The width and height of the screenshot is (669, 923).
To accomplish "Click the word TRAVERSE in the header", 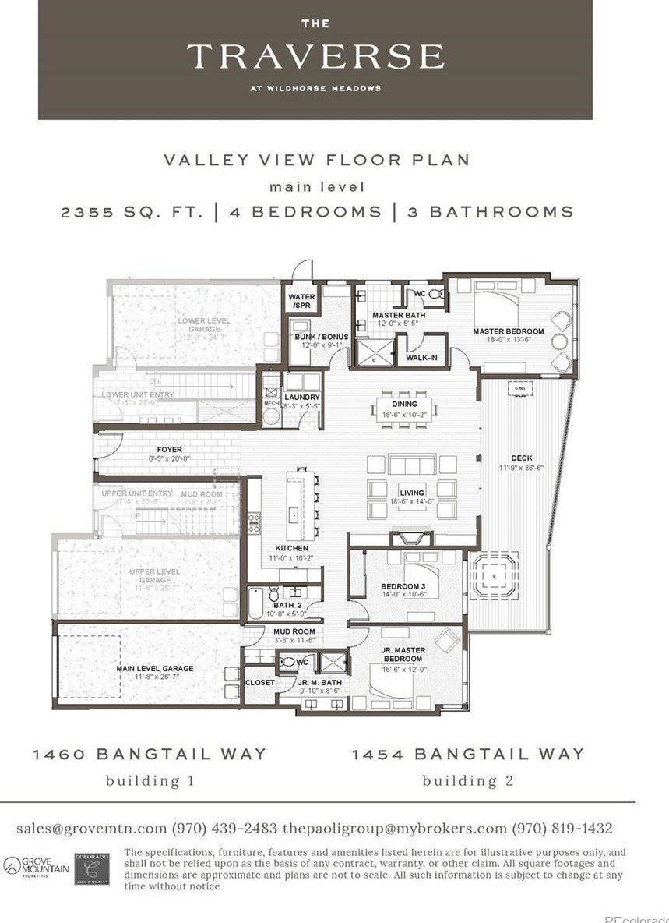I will point(315,57).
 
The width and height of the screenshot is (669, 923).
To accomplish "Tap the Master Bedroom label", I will point(509,331).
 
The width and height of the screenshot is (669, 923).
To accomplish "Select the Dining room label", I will point(405,404).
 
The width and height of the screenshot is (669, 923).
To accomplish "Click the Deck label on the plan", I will point(522,458).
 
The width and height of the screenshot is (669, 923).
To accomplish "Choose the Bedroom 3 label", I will point(403,587).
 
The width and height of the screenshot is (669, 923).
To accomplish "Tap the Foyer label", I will point(169,450).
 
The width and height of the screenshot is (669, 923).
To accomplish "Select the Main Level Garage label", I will point(155,668).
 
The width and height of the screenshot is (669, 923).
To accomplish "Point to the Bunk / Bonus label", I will point(315,337).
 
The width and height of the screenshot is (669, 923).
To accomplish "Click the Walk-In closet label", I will point(421,358).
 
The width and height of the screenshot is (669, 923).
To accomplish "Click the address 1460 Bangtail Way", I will point(150,754).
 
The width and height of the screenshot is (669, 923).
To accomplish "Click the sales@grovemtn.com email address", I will point(91,828).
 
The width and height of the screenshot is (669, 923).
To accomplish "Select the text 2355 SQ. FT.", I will point(133,212).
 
